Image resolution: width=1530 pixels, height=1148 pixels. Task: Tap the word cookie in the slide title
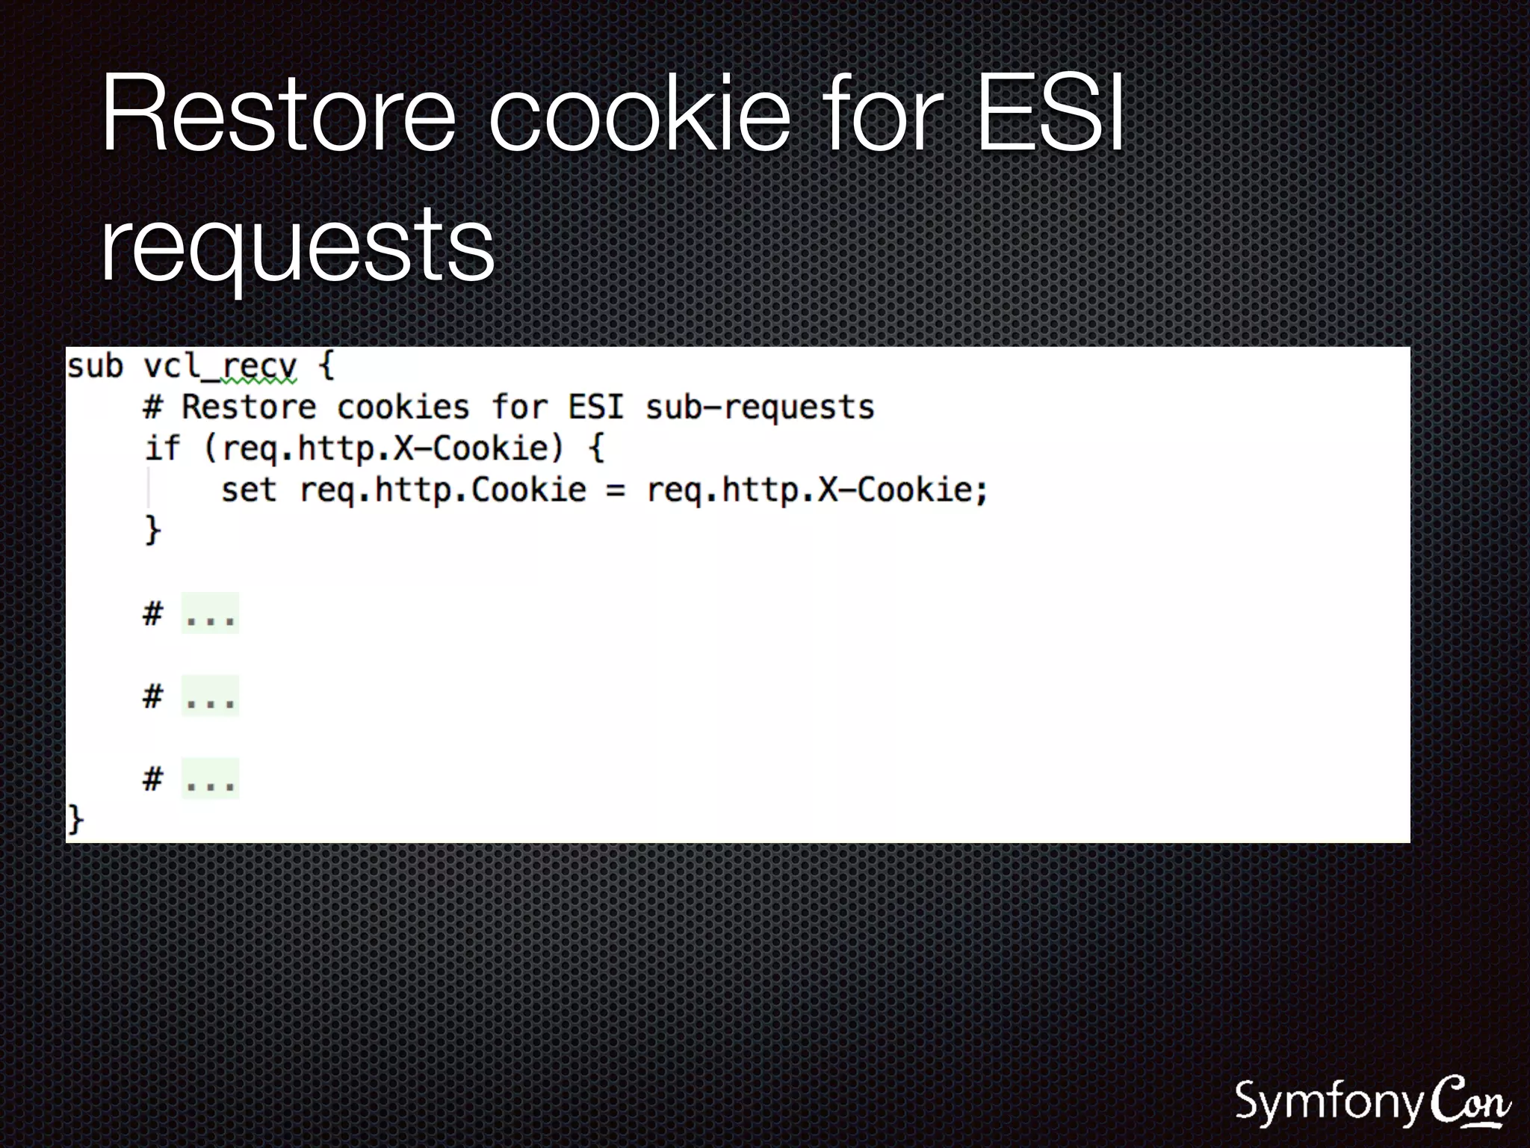point(639,114)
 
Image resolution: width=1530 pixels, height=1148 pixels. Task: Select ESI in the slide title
point(1050,114)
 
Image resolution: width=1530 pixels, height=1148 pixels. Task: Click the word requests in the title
point(297,244)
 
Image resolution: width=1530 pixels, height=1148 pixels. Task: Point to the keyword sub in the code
point(95,367)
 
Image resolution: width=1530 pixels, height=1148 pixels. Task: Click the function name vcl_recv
point(220,367)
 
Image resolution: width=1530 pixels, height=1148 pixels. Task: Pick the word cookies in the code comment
point(403,408)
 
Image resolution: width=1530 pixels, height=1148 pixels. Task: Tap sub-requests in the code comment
point(760,408)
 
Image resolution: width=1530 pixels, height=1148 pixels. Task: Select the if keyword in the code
point(162,448)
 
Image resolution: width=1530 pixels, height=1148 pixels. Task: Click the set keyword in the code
point(249,490)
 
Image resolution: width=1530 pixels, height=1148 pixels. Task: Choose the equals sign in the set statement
point(615,491)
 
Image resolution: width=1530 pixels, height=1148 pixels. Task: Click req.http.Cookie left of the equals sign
point(443,490)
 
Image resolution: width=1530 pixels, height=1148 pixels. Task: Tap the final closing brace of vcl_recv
point(75,820)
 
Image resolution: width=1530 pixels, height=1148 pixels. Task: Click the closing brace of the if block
point(152,530)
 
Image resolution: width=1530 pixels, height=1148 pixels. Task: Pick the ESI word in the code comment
point(595,408)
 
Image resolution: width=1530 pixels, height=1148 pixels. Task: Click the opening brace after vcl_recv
point(326,367)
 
